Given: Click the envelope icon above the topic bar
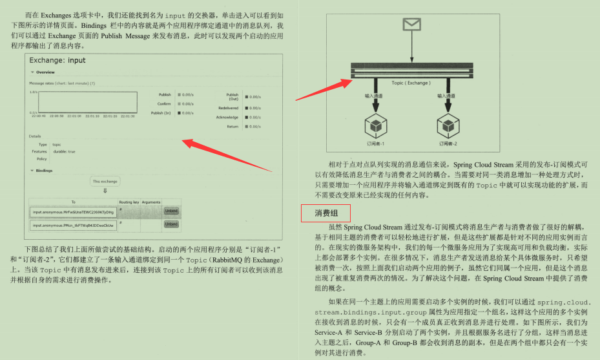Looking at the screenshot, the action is (411, 25).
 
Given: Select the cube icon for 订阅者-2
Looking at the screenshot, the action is (447, 123).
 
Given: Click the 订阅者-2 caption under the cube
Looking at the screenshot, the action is (447, 143).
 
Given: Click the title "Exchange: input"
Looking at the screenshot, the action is (57, 61).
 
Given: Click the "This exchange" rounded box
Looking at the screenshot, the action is (104, 182).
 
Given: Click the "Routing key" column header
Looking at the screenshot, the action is (129, 202).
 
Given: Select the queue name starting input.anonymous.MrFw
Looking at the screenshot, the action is (73, 211).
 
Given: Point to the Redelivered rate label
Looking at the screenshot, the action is (228, 108).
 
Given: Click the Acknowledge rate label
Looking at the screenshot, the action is (227, 117).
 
